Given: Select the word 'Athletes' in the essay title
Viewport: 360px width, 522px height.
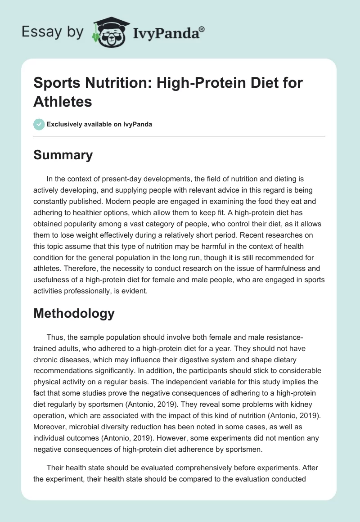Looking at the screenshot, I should tap(63, 101).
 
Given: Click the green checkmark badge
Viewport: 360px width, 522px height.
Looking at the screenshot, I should tap(39, 125).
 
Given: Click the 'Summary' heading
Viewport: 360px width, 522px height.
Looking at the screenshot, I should tap(63, 155).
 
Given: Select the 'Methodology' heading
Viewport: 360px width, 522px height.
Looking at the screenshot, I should tap(74, 313).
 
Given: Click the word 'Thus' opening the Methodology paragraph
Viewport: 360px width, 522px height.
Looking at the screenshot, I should tap(55, 337).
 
